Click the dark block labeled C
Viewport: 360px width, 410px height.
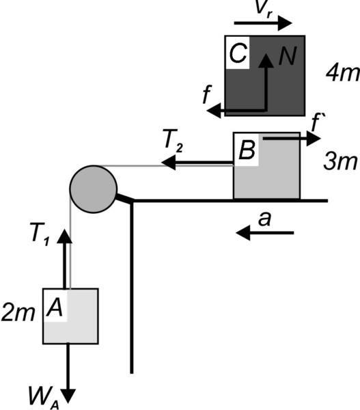pos(265,76)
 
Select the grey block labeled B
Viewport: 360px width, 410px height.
pos(266,165)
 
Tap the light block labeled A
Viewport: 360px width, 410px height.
pos(70,316)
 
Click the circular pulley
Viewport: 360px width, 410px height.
pos(94,189)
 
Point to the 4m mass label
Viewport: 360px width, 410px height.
pos(342,73)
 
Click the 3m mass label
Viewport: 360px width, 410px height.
pos(340,162)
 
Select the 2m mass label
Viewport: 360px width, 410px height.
pos(18,313)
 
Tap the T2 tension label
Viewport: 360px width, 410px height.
pos(173,139)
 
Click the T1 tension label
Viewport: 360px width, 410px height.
pos(40,234)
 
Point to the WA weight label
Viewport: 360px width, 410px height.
pos(44,399)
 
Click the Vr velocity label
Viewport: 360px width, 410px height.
pos(264,8)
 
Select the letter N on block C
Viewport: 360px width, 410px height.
pos(288,56)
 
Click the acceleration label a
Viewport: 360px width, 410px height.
pos(264,219)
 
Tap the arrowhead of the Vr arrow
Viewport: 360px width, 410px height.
pos(285,23)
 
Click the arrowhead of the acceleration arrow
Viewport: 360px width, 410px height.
pos(243,232)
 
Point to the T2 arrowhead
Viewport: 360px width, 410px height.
pos(168,163)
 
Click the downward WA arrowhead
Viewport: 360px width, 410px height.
pos(68,396)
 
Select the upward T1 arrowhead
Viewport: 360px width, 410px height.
pos(64,236)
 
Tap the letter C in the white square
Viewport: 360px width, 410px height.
pos(238,53)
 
